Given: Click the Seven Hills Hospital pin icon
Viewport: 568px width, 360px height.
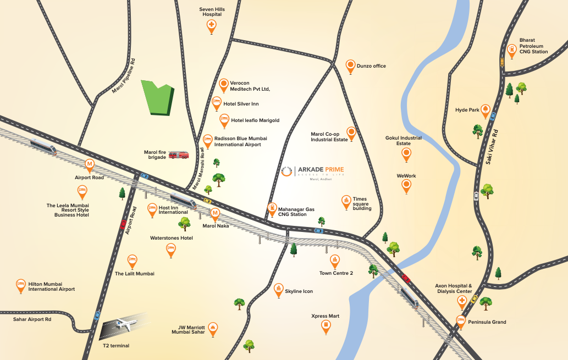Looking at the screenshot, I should [212, 26].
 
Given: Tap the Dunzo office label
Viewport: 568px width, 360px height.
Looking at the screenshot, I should [371, 66].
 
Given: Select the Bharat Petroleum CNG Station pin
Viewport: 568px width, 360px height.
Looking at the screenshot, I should [511, 50].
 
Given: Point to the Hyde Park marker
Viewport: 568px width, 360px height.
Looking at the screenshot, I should [485, 110].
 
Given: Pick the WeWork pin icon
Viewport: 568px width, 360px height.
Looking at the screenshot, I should [406, 186].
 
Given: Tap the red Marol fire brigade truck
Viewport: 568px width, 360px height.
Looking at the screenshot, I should [178, 156].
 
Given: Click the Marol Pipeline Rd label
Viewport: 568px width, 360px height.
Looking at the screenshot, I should [123, 75].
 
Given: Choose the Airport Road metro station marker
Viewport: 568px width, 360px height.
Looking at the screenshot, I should [90, 164].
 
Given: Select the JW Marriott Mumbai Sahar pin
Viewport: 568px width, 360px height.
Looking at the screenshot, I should [212, 328].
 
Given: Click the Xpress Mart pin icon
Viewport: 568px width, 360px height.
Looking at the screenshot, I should [326, 326].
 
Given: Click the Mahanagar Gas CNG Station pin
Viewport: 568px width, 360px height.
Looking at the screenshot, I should [272, 208].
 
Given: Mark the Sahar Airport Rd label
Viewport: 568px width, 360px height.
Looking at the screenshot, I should [32, 319].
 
